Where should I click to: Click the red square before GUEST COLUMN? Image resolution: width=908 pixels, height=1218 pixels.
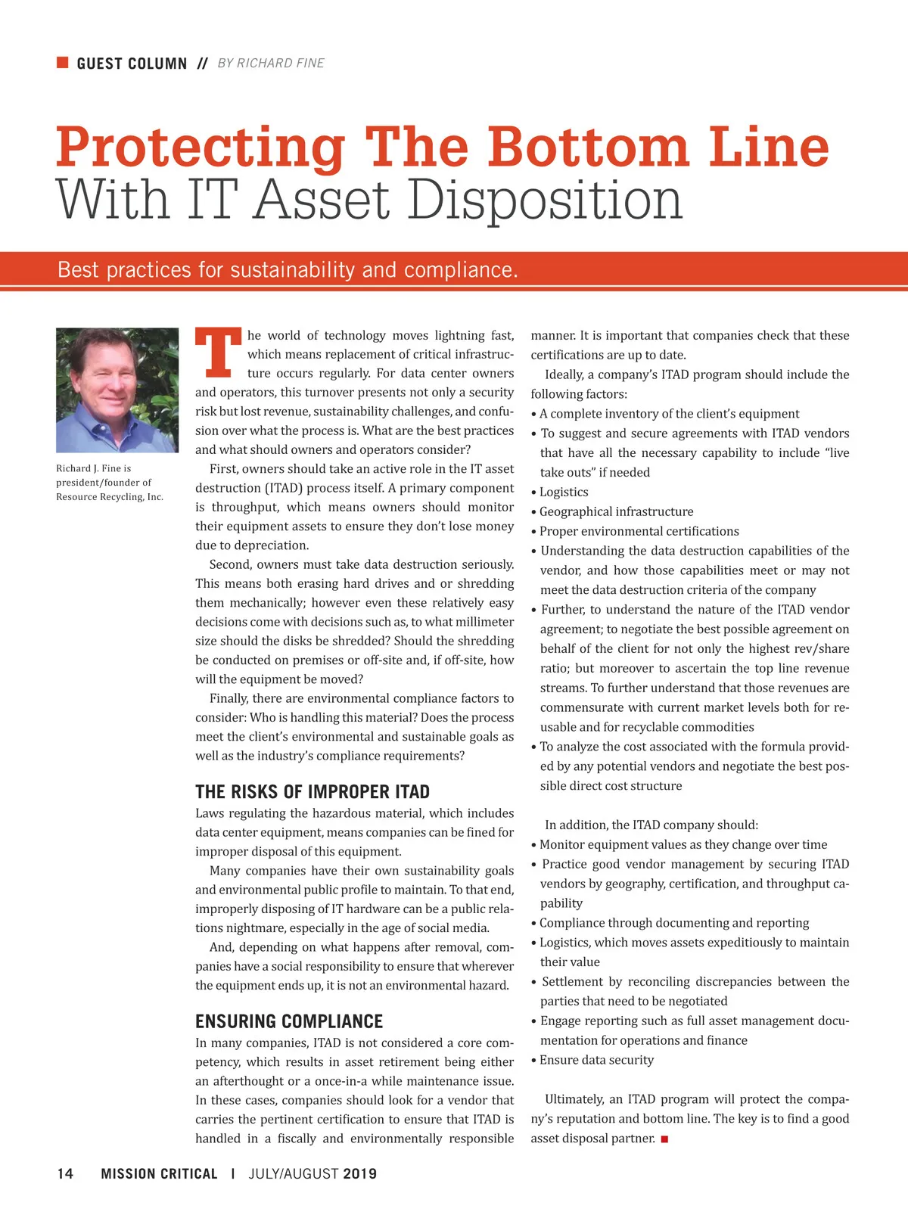(x=63, y=62)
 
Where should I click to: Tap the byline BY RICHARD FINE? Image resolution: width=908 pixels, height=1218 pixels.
(x=270, y=64)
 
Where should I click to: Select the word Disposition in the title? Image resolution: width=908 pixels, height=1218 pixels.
(x=545, y=200)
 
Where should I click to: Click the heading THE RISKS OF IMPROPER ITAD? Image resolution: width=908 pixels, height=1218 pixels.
(x=312, y=792)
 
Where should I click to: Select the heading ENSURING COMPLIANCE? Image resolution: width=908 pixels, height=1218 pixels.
(x=289, y=1021)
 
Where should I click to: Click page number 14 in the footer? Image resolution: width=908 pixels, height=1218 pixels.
(x=66, y=1173)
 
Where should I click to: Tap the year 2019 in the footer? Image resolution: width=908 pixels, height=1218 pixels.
(x=359, y=1173)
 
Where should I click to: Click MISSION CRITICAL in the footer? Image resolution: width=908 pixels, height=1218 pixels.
(x=159, y=1173)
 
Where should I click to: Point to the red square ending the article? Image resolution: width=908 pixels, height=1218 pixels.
(x=664, y=1139)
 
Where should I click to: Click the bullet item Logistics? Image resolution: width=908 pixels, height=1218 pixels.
(x=564, y=492)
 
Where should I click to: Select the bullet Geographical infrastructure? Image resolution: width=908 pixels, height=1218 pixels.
(x=616, y=511)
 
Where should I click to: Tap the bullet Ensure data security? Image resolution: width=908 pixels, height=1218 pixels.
(x=596, y=1060)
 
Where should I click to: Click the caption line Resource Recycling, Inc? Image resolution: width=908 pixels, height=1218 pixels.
(x=110, y=497)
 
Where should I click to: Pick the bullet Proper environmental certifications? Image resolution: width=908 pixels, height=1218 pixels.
(x=639, y=531)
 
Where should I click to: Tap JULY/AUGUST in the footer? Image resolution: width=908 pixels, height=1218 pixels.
(x=294, y=1173)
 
